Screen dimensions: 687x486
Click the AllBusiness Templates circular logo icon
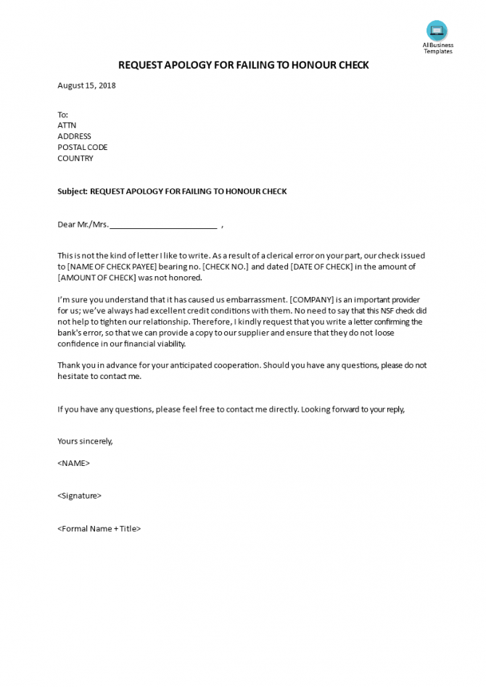[x=437, y=30]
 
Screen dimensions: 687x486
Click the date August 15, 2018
[x=86, y=86]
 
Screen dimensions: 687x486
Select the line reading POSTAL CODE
[x=82, y=147]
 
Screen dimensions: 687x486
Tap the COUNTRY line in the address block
[x=75, y=158]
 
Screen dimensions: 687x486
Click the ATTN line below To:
[x=67, y=125]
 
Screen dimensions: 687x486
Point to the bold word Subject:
[x=72, y=191]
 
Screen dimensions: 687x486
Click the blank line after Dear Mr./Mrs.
[x=163, y=225]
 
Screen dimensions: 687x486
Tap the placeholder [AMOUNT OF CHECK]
[x=96, y=278]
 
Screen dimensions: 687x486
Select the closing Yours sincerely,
[x=85, y=441]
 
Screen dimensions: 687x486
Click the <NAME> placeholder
[x=73, y=463]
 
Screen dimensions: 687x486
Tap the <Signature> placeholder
[x=79, y=496]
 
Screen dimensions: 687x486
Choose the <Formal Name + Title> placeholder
[x=99, y=528]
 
